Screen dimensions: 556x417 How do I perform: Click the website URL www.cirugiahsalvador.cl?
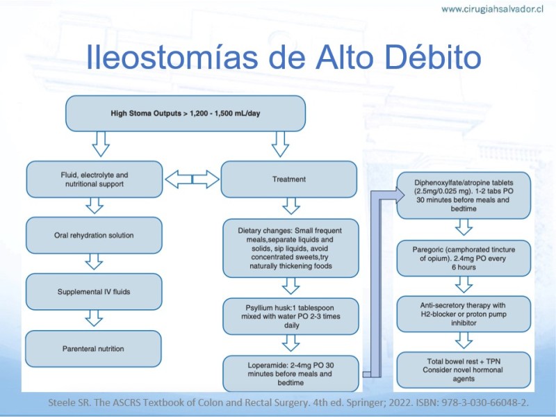(492, 9)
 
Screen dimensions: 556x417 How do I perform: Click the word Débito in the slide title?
(433, 57)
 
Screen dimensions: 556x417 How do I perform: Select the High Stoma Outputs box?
(186, 113)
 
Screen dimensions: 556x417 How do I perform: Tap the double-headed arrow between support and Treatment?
(193, 179)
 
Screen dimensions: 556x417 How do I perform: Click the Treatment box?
(289, 179)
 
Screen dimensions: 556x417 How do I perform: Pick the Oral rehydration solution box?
(94, 236)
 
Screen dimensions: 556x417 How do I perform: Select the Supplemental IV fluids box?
(94, 292)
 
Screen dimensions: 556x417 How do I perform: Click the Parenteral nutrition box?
(93, 349)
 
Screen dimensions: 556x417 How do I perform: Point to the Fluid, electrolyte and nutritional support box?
(95, 179)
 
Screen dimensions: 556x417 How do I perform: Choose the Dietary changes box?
(291, 248)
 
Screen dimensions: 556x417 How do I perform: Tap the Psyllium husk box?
(291, 316)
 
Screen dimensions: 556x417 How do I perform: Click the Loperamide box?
(291, 374)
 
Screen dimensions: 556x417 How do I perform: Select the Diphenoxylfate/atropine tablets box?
(464, 196)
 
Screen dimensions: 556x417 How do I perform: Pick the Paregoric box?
(464, 259)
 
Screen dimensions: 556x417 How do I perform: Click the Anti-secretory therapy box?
(464, 314)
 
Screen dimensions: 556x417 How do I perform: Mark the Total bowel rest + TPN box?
(464, 370)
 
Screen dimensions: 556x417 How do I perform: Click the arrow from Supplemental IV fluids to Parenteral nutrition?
(94, 318)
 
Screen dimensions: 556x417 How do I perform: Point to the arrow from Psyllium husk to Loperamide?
(291, 343)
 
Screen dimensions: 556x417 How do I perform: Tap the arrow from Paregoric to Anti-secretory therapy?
(464, 284)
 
